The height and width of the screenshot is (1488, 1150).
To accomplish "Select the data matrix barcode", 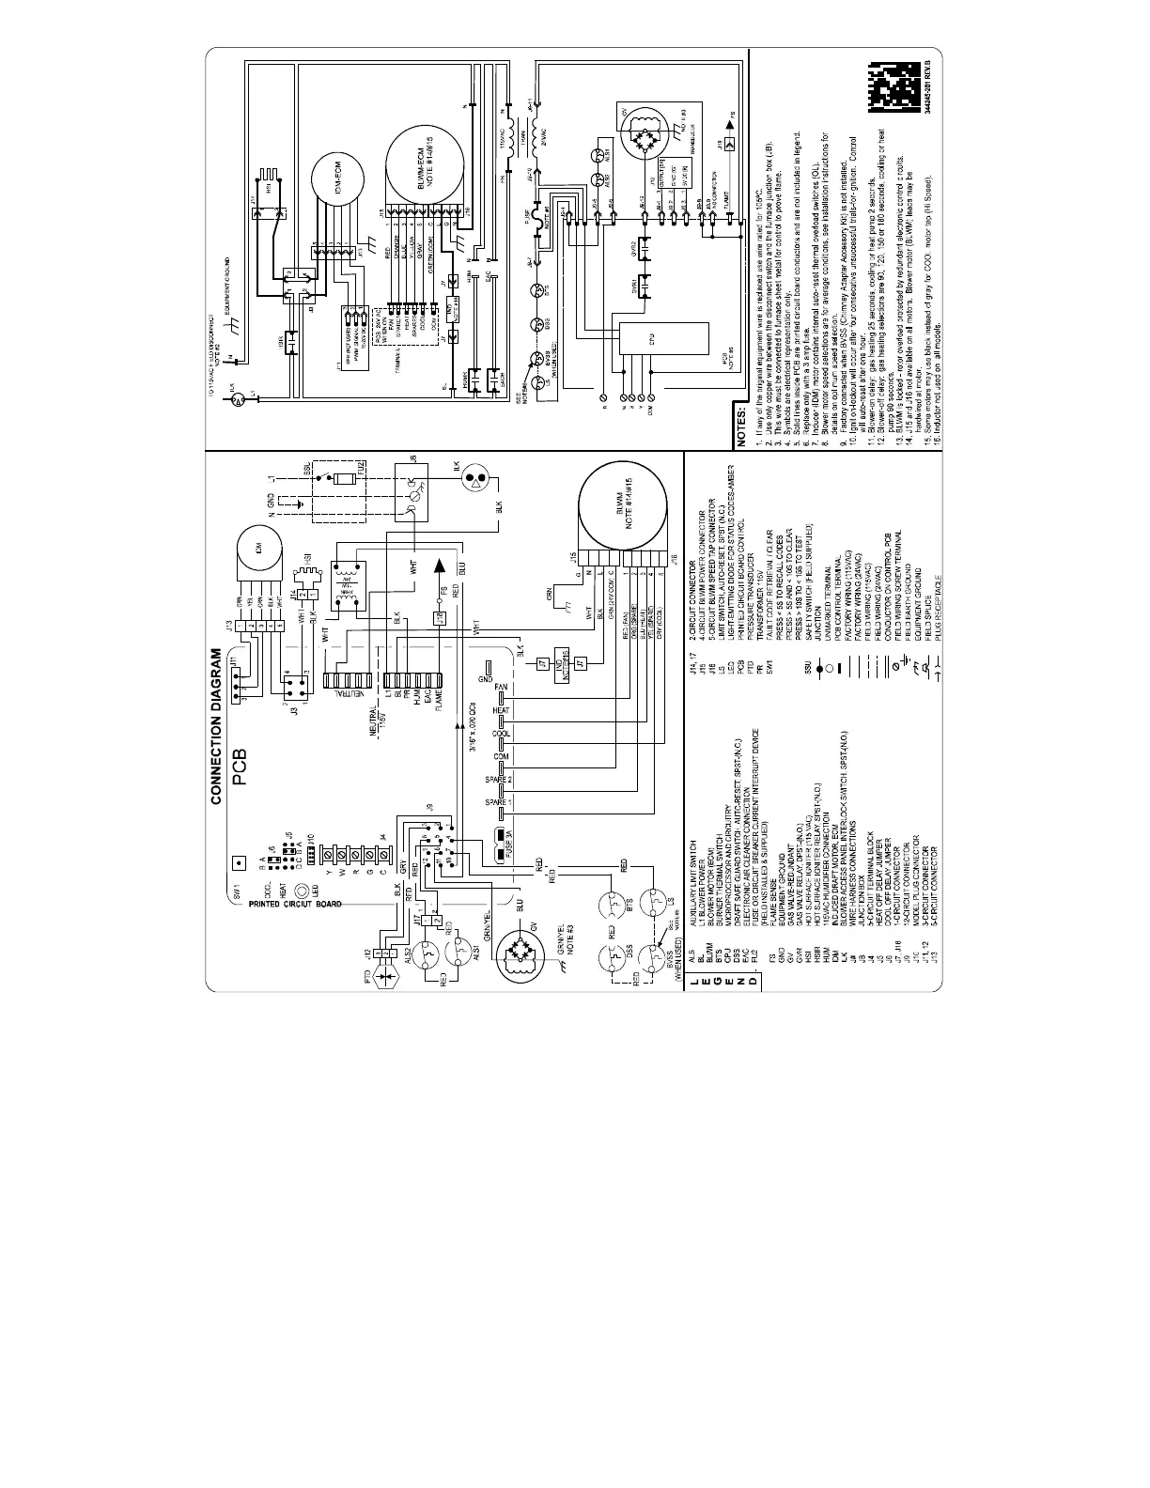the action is tap(896, 90).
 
